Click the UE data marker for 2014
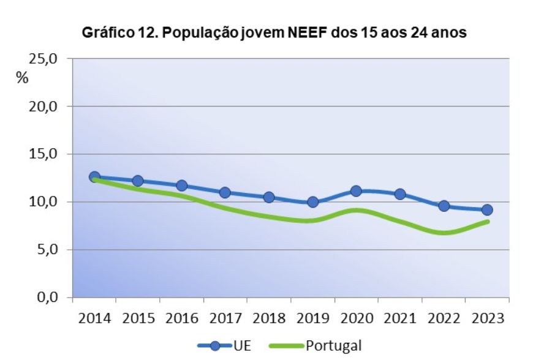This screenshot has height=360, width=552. [94, 177]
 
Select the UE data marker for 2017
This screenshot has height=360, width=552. [225, 192]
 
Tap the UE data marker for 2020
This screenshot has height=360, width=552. [356, 191]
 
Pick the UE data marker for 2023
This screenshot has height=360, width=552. [487, 210]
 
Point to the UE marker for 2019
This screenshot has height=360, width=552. [312, 202]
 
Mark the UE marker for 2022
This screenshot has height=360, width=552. [444, 206]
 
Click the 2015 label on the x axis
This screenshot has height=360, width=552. [138, 318]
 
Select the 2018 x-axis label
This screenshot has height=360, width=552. [269, 318]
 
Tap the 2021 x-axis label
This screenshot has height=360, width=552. [400, 318]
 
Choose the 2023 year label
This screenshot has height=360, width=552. [487, 318]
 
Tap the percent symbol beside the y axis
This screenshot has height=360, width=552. [23, 78]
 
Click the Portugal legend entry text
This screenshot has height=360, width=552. [333, 346]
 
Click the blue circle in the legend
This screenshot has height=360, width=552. [215, 346]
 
